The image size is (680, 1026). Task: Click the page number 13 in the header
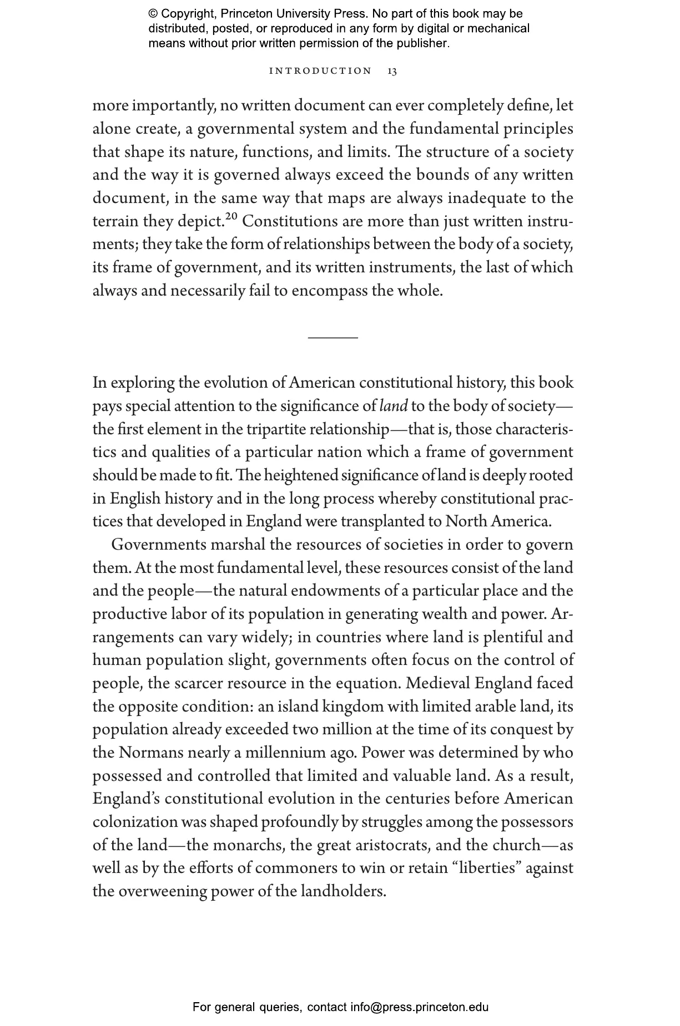[x=392, y=71]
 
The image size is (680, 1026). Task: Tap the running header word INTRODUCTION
[x=320, y=71]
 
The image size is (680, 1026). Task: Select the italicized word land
[x=394, y=407]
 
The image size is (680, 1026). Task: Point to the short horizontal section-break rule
[x=333, y=337]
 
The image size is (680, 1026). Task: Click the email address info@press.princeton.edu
[x=419, y=1007]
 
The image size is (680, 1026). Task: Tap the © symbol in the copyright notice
[x=153, y=14]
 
